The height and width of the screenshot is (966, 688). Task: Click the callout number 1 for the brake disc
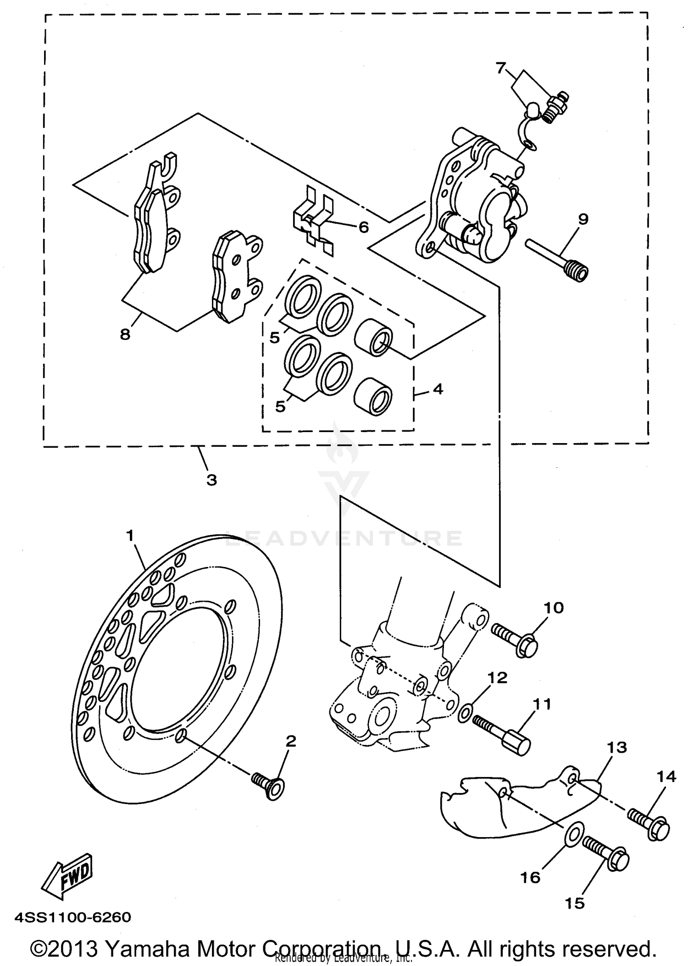point(130,535)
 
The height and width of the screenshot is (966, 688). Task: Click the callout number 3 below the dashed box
point(211,480)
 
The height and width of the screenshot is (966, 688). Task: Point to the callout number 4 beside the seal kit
point(438,389)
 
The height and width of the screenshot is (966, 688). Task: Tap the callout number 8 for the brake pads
point(125,334)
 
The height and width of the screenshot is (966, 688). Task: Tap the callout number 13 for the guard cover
point(616,747)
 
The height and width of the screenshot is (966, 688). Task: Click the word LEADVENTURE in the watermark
point(344,538)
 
